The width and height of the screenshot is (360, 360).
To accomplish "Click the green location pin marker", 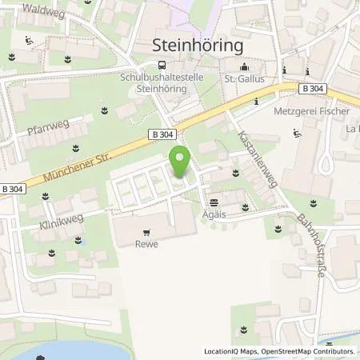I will [x=181, y=163].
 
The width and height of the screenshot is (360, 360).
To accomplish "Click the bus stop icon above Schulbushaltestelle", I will [x=162, y=65].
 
